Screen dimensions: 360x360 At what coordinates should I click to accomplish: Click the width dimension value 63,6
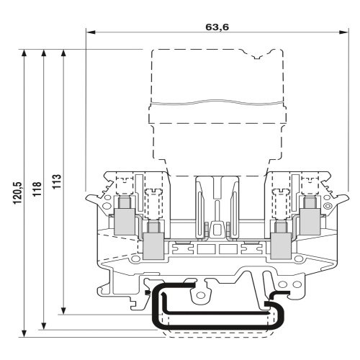pyautogui.click(x=217, y=27)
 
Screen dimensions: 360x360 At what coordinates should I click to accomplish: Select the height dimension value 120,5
pyautogui.click(x=17, y=193)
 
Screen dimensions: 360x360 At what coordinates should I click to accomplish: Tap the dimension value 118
pyautogui.click(x=37, y=189)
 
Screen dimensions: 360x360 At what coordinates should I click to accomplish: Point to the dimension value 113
pyautogui.click(x=57, y=181)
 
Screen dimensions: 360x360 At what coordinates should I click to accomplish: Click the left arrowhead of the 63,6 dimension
pyautogui.click(x=91, y=32)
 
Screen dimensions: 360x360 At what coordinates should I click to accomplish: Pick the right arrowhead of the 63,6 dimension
pyautogui.click(x=343, y=32)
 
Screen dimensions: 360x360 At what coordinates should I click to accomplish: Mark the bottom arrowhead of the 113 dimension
pyautogui.click(x=63, y=310)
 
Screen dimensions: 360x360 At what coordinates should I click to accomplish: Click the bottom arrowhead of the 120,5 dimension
pyautogui.click(x=24, y=333)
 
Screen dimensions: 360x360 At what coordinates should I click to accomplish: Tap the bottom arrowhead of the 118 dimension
pyautogui.click(x=43, y=325)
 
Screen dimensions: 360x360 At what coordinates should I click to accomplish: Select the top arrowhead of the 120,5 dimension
pyautogui.click(x=24, y=54)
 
